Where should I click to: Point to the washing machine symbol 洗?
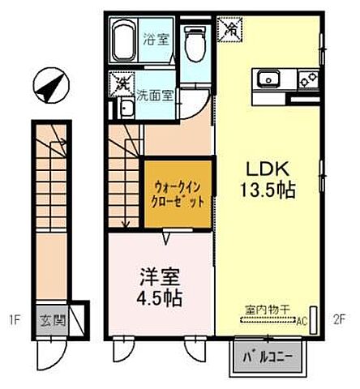[122, 83]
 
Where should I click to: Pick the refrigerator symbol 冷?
[231, 28]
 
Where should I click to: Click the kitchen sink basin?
[268, 79]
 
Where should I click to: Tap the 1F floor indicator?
[15, 318]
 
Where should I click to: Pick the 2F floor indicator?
[340, 318]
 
